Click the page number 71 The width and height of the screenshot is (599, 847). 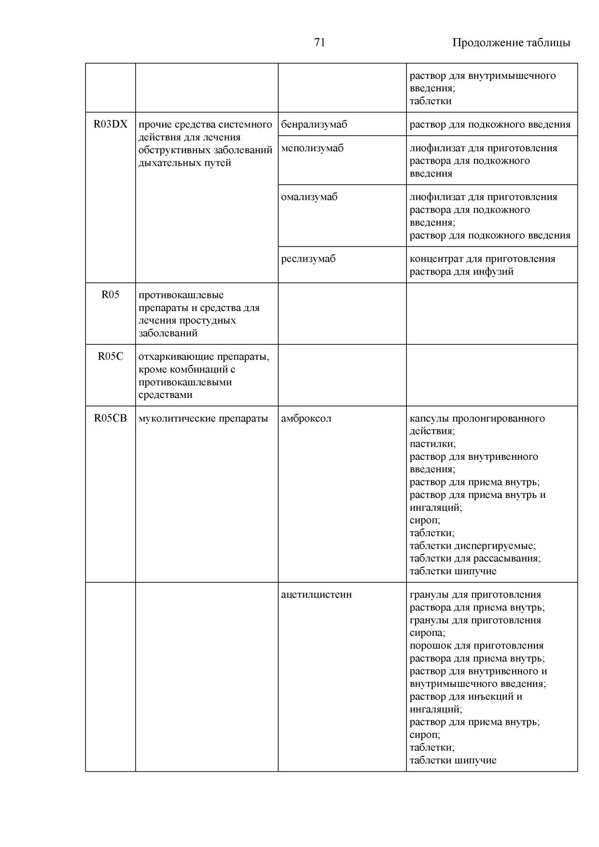coord(320,42)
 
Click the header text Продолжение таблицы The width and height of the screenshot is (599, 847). coord(511,43)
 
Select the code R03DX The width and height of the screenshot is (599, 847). coord(111,124)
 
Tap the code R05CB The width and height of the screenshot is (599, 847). coord(111,418)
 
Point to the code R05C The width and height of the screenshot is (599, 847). coord(111,356)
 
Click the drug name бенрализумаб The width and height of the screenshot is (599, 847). coord(314,125)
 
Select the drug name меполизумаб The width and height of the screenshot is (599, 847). coord(312,148)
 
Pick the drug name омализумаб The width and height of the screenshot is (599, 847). coord(309,197)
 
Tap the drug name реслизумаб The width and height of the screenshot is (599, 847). coord(308,259)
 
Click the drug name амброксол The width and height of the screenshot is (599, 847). coord(306,419)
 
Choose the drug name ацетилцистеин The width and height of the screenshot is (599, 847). coord(317,595)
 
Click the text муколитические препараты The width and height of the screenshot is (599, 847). coord(203,419)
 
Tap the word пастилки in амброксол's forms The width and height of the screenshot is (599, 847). coord(432,444)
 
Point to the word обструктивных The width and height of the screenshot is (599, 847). coord(174,150)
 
